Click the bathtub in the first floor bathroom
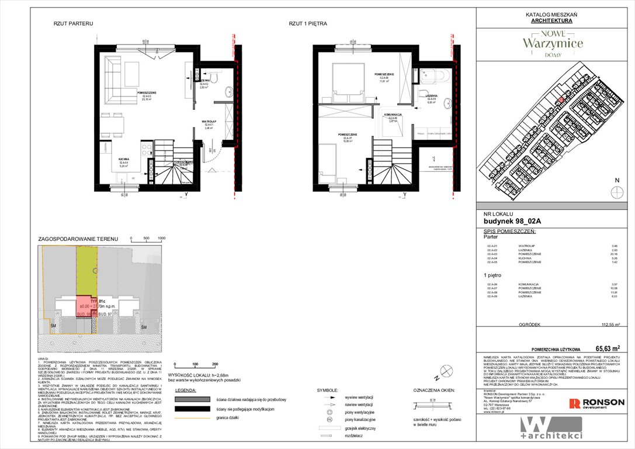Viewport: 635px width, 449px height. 432,77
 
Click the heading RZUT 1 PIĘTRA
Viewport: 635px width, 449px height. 307,24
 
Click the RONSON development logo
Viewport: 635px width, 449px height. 597,403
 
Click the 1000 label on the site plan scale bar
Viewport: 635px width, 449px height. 162,239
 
